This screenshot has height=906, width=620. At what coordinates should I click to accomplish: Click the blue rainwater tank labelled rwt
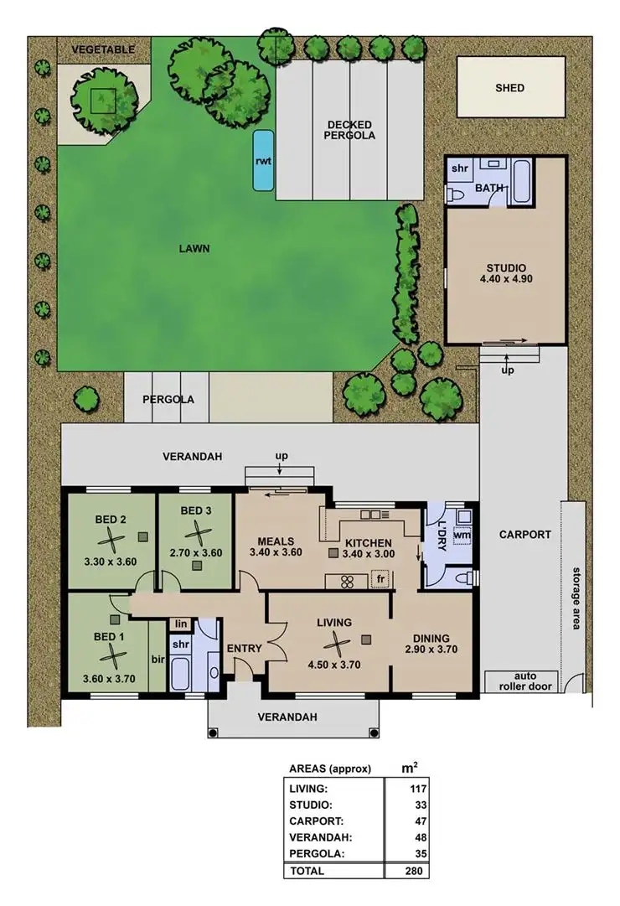point(263,159)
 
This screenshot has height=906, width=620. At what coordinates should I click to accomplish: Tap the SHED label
point(509,88)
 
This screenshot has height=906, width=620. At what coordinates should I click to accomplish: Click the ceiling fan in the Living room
point(334,644)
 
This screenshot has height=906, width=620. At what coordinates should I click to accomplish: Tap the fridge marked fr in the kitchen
point(380,579)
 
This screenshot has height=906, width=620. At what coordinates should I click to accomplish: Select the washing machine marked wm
point(462,535)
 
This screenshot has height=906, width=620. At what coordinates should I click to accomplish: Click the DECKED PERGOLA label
point(350,130)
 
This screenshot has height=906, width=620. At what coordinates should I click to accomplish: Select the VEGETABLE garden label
point(102,49)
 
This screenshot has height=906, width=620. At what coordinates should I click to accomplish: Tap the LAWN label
point(194,248)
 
